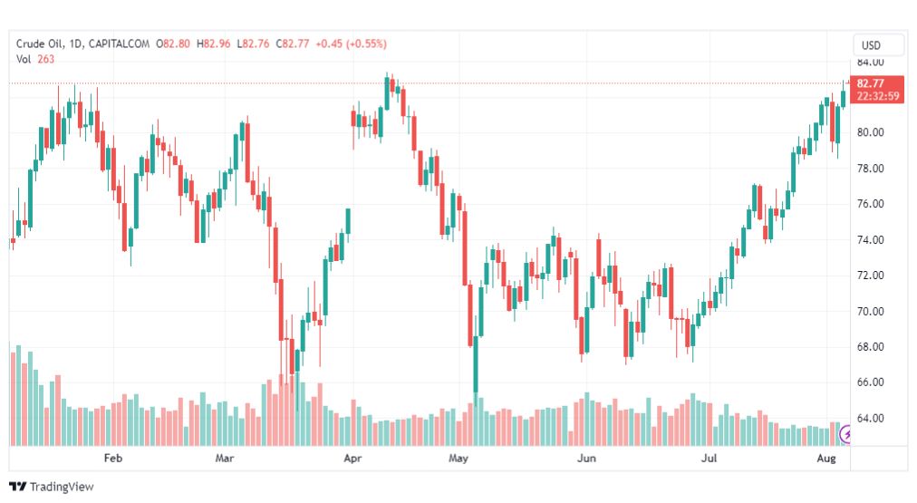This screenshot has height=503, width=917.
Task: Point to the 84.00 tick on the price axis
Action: point(870,63)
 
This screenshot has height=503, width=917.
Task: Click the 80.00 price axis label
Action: point(870,132)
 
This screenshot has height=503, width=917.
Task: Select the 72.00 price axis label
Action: point(870,276)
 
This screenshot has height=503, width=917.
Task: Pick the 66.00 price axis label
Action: point(870,382)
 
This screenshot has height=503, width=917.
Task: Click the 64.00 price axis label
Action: point(870,419)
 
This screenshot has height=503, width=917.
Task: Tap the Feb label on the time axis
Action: point(112,459)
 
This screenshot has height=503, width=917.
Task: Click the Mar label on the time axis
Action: point(225,459)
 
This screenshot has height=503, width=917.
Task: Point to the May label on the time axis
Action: point(458,459)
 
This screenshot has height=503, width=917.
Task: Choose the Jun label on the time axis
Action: point(586,459)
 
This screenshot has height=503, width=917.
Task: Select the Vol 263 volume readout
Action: point(35,58)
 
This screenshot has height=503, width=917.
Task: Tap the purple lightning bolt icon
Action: point(848,435)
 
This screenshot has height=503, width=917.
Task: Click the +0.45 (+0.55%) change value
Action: point(350,43)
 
